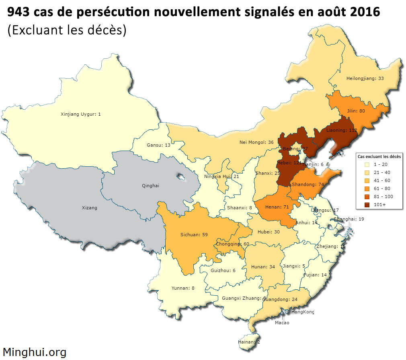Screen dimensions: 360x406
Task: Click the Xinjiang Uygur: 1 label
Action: pyautogui.click(x=80, y=114)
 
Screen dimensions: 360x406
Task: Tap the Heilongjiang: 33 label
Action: pyautogui.click(x=365, y=78)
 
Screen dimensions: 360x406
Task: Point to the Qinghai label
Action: pyautogui.click(x=151, y=186)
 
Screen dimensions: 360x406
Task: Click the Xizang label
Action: pyautogui.click(x=89, y=208)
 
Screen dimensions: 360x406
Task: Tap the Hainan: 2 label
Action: pyautogui.click(x=249, y=342)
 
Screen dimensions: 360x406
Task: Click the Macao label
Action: pyautogui.click(x=282, y=323)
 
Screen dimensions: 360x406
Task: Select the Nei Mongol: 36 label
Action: pyautogui.click(x=256, y=142)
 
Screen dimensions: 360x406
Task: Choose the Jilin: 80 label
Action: pyautogui.click(x=356, y=110)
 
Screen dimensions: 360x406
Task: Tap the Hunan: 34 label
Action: pyautogui.click(x=263, y=266)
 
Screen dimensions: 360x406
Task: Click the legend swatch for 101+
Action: pyautogui.click(x=367, y=205)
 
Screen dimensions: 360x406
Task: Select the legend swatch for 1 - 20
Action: pyautogui.click(x=367, y=164)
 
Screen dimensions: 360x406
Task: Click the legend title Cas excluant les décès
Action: pyautogui.click(x=379, y=156)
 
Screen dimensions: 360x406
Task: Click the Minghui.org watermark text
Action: pyautogui.click(x=35, y=352)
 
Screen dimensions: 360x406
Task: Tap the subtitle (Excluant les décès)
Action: pyautogui.click(x=67, y=30)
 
